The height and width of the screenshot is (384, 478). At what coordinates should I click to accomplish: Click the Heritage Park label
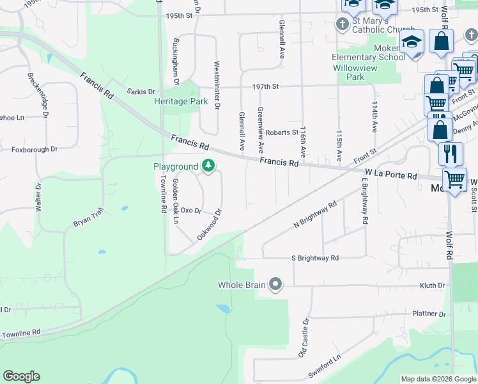pyautogui.click(x=181, y=102)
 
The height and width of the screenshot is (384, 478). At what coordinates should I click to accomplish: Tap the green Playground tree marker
pyautogui.click(x=208, y=166)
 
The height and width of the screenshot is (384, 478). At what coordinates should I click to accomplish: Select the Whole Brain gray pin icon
pyautogui.click(x=275, y=285)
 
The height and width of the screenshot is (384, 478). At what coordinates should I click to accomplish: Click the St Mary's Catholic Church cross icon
pyautogui.click(x=343, y=24)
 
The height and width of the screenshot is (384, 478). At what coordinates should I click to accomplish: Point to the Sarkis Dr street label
pyautogui.click(x=141, y=92)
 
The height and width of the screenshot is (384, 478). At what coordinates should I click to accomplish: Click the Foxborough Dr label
pyautogui.click(x=35, y=150)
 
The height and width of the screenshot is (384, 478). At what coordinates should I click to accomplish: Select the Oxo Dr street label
pyautogui.click(x=191, y=210)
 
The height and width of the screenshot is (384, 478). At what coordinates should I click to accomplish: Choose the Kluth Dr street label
pyautogui.click(x=432, y=285)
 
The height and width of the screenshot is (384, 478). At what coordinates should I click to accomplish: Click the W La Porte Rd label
pyautogui.click(x=390, y=174)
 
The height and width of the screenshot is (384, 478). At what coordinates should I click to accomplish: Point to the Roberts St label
pyautogui.click(x=282, y=132)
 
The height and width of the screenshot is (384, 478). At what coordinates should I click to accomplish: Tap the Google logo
pyautogui.click(x=21, y=376)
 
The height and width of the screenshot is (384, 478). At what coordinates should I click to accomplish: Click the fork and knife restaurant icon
pyautogui.click(x=451, y=154)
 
